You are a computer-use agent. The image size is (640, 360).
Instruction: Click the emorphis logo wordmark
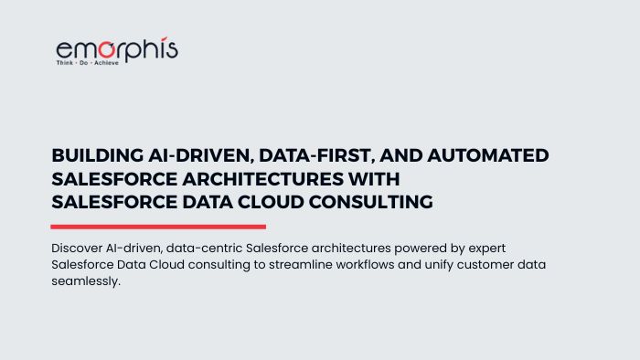117,50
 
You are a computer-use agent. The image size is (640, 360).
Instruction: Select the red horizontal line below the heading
158,227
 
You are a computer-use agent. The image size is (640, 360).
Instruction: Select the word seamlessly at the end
86,281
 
